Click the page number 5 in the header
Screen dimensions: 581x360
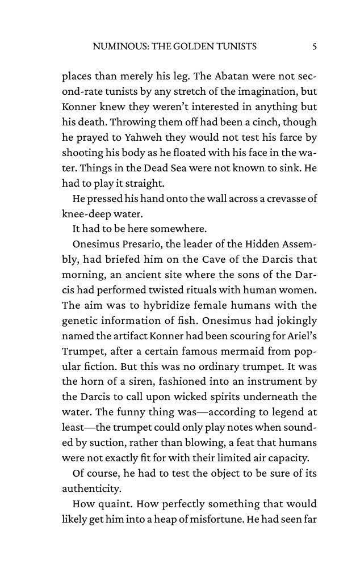pyautogui.click(x=314, y=47)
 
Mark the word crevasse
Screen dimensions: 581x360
pyautogui.click(x=286, y=199)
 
